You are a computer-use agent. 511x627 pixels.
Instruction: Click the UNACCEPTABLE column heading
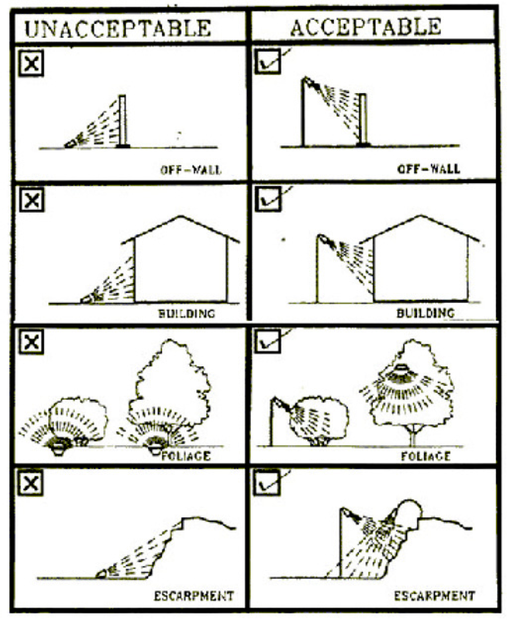point(118,29)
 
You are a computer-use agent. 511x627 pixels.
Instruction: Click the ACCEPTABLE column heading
point(366,26)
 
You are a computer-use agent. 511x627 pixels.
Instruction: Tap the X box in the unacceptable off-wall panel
point(31,63)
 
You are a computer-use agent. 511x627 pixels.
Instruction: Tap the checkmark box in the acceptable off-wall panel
point(267,61)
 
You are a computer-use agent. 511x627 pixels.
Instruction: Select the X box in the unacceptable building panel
point(32,200)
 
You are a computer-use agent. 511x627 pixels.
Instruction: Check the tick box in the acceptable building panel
point(268,199)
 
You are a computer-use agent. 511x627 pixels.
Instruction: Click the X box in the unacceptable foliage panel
point(31,342)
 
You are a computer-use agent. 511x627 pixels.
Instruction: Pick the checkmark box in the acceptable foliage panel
point(267,341)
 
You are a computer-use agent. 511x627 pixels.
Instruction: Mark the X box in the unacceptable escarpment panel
point(31,483)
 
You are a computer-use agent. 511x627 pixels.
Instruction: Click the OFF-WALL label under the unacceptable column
point(190,170)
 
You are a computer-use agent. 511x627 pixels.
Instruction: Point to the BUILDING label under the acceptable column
point(426,313)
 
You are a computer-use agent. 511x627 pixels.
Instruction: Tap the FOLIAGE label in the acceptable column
point(426,456)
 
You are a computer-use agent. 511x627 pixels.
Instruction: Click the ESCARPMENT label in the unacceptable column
point(194,596)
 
